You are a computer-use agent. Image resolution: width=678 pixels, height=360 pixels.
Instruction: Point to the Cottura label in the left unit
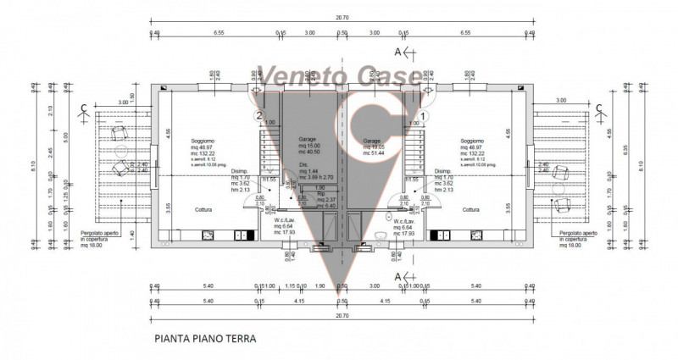click(x=203, y=209)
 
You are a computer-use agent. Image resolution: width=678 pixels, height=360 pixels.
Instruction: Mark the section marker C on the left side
click(x=82, y=108)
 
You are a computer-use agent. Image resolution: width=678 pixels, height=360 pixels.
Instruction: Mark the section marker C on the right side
click(x=598, y=108)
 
